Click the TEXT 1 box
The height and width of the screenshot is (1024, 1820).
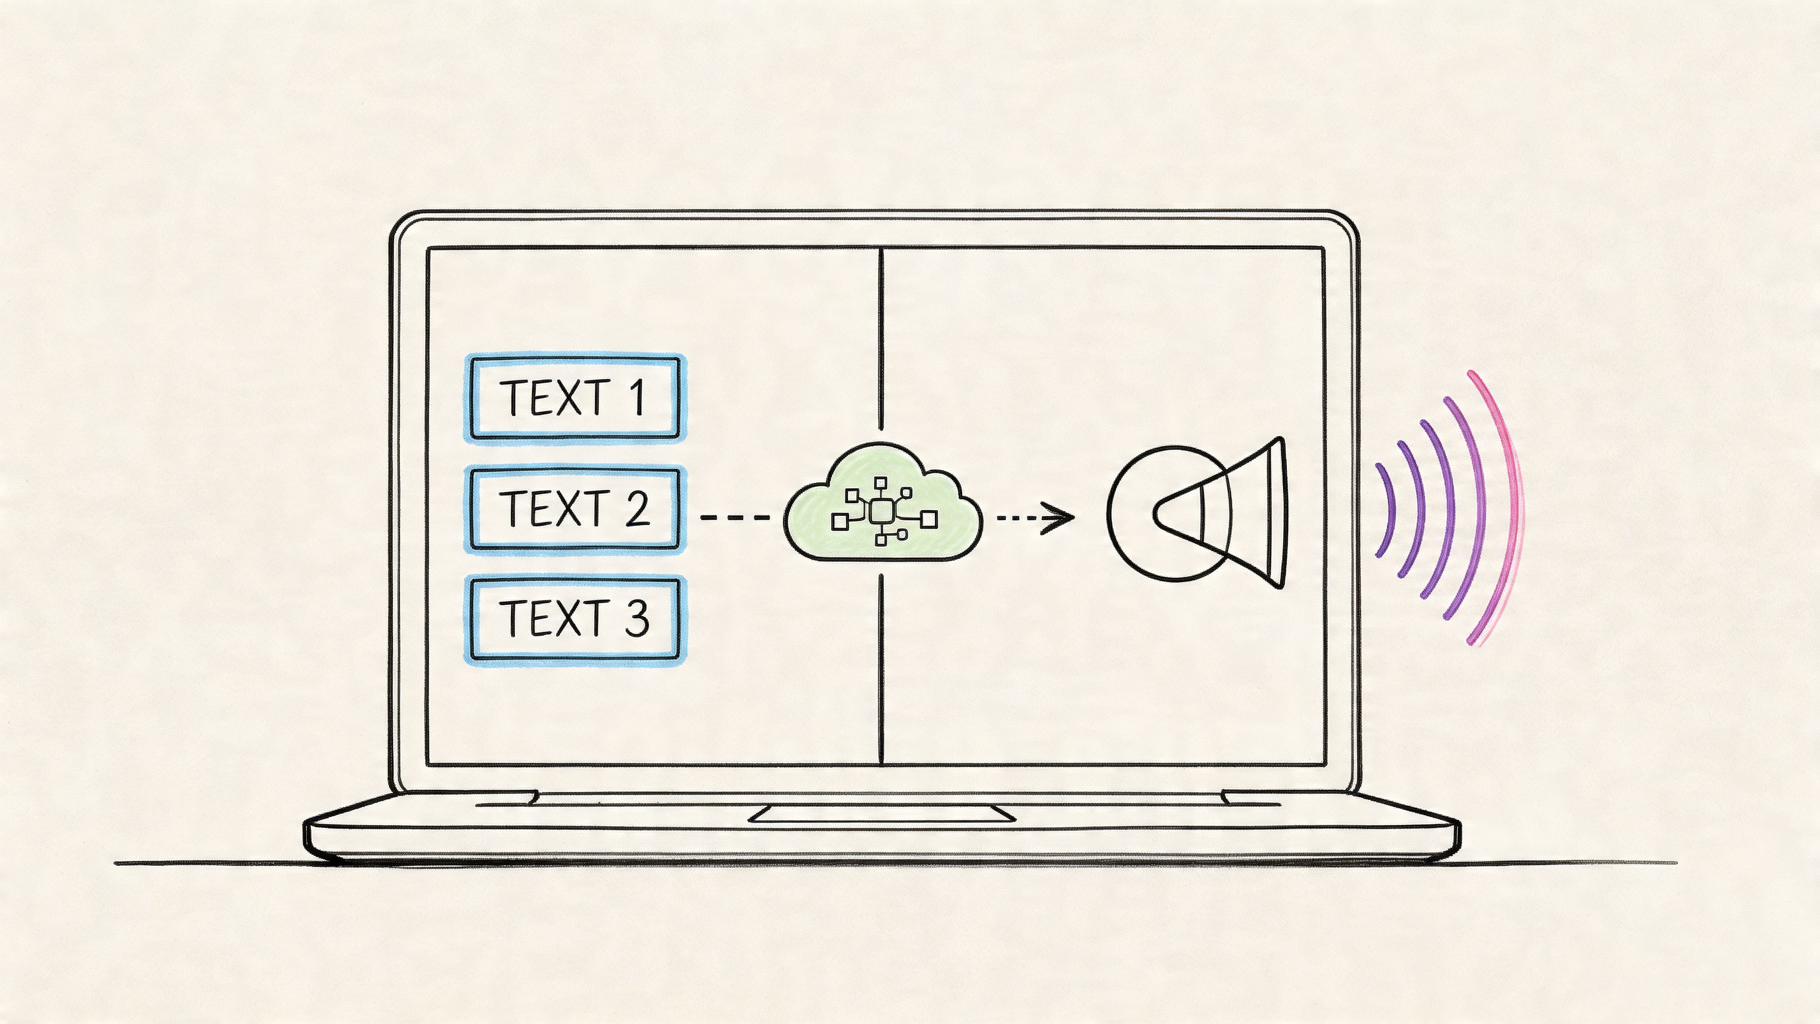click(x=575, y=398)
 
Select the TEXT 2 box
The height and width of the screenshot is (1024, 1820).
click(x=575, y=508)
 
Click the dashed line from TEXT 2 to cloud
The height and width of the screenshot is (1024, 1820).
click(x=735, y=517)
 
